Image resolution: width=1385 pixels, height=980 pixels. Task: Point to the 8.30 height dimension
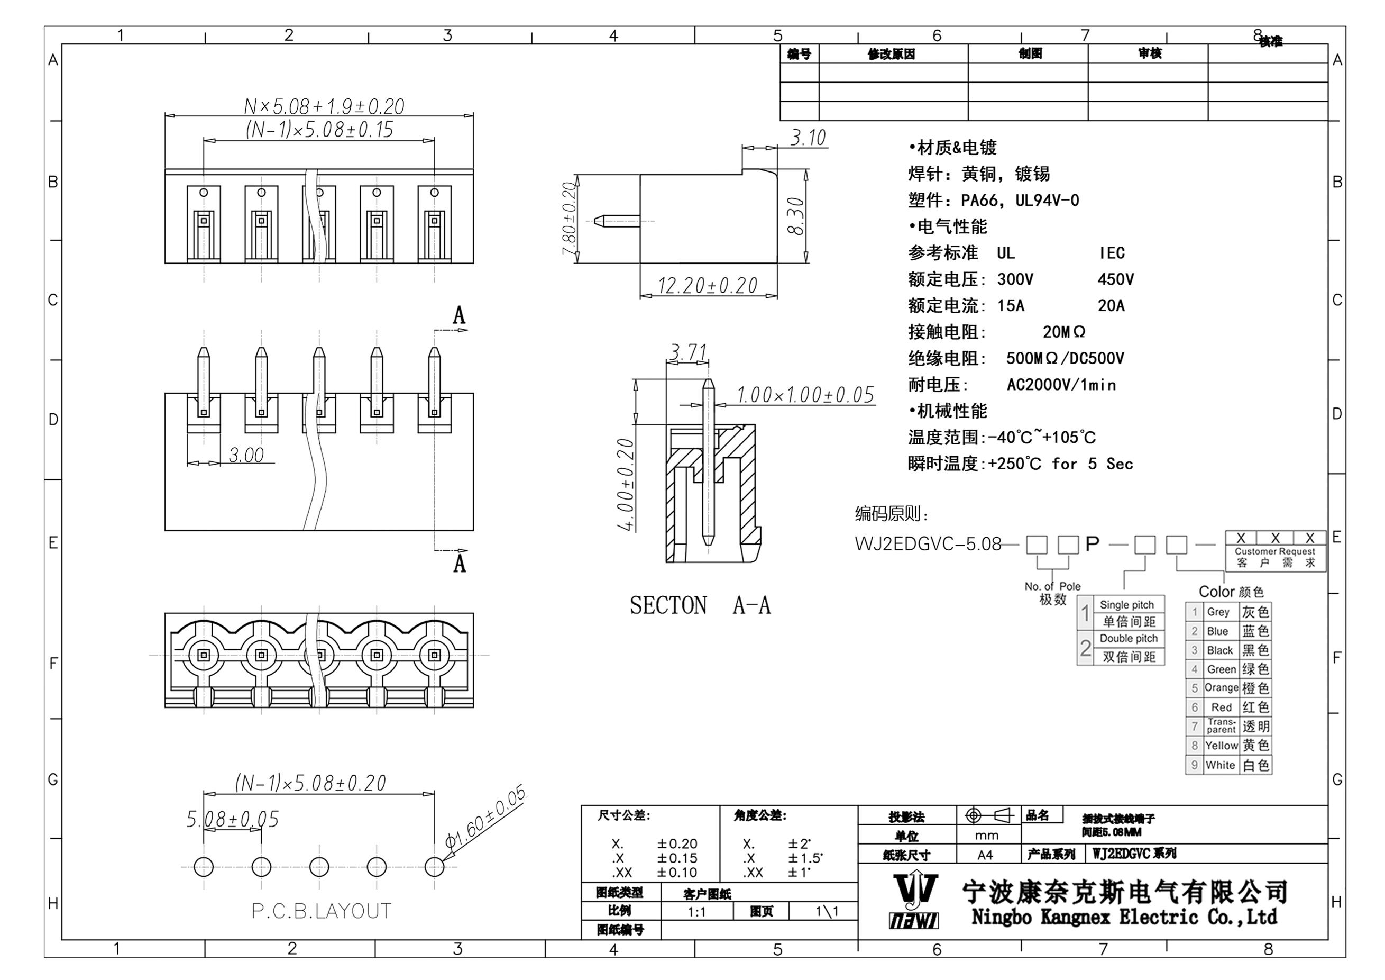(x=796, y=216)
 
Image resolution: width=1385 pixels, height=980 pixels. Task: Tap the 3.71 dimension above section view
(x=687, y=352)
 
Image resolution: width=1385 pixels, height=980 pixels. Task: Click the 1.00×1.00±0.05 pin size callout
(x=805, y=395)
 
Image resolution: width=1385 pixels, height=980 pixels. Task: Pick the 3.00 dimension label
(x=246, y=455)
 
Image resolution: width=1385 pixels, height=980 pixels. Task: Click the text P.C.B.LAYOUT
(x=321, y=911)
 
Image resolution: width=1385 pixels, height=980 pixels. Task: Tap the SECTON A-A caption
(x=700, y=605)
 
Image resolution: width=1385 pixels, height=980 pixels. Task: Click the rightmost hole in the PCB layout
(x=434, y=867)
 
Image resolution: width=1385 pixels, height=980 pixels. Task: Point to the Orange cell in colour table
(x=1221, y=688)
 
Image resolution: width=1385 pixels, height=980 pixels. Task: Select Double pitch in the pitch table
(x=1129, y=639)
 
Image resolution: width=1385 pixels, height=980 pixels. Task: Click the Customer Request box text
(x=1274, y=551)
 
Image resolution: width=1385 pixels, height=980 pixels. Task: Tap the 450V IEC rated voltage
(x=1115, y=279)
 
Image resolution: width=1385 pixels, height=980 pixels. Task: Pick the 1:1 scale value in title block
(x=696, y=912)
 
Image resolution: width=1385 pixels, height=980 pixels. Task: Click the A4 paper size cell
(x=985, y=855)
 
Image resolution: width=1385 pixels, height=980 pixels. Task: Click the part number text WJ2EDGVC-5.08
(x=928, y=545)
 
